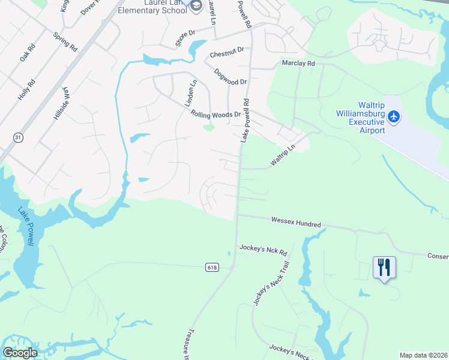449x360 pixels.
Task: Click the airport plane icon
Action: (394, 116)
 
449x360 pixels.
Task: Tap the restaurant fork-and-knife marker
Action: (384, 266)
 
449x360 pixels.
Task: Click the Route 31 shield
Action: (18, 137)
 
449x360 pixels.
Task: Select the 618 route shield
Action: (211, 267)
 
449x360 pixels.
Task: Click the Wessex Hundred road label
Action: (296, 223)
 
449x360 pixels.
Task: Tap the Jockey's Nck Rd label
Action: (264, 248)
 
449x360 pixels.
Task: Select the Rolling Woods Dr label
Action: (215, 114)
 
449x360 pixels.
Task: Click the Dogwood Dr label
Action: (231, 77)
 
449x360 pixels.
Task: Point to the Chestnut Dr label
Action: (227, 53)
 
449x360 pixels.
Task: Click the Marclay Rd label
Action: (298, 63)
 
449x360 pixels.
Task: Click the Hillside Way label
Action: (62, 104)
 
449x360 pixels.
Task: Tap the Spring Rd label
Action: (65, 41)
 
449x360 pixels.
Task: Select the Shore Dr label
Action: (185, 38)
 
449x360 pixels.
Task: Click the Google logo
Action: (20, 353)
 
